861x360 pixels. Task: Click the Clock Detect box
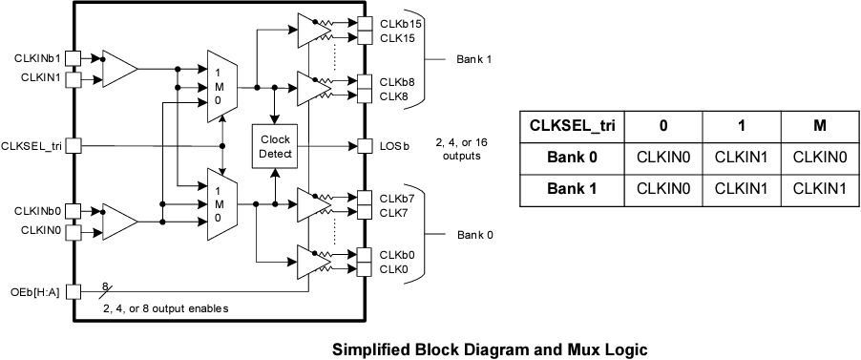pyautogui.click(x=274, y=146)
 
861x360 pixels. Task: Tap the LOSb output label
pyautogui.click(x=393, y=146)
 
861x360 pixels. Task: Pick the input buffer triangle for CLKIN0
pyautogui.click(x=119, y=220)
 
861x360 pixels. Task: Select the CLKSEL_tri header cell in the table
pyautogui.click(x=572, y=126)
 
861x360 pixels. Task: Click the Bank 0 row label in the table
pyautogui.click(x=572, y=158)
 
